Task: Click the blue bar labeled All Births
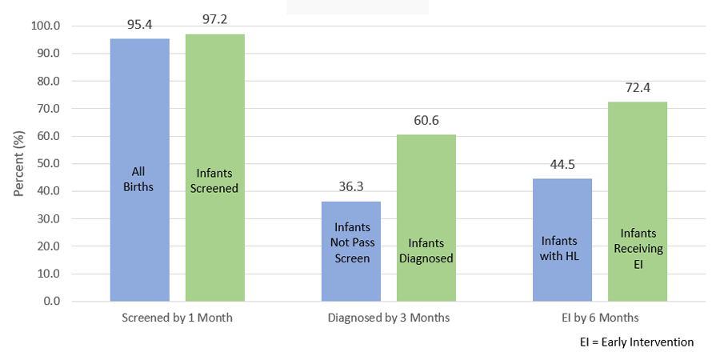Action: [x=139, y=170]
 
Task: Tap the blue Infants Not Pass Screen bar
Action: [x=351, y=251]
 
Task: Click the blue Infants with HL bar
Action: [x=562, y=240]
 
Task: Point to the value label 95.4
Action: [x=140, y=25]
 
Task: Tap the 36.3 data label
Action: [x=351, y=187]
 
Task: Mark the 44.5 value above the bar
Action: [x=562, y=165]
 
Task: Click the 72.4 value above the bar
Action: [x=638, y=88]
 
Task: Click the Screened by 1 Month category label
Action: [x=177, y=318]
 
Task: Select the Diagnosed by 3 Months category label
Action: [x=389, y=318]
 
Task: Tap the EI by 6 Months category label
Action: [x=600, y=318]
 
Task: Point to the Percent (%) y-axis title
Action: [x=19, y=162]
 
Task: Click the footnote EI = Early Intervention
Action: [x=637, y=342]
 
